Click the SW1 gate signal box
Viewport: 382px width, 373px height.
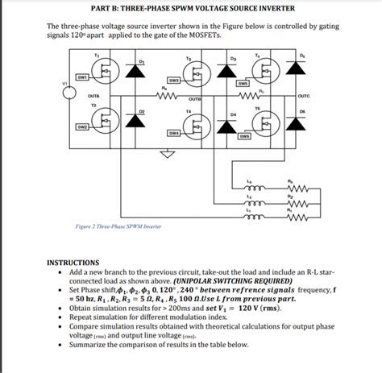[x=82, y=77]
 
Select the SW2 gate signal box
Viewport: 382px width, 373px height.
[x=82, y=127]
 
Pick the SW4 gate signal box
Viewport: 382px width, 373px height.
[x=173, y=132]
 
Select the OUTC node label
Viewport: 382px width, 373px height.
[x=304, y=96]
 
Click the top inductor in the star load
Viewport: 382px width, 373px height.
[x=250, y=184]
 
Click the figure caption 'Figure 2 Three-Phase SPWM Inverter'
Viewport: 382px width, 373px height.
[x=119, y=227]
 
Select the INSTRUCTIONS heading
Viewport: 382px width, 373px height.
[x=73, y=263]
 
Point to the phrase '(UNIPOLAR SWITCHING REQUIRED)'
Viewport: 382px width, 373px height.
[x=233, y=281]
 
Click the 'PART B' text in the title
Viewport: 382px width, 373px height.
[x=105, y=8]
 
